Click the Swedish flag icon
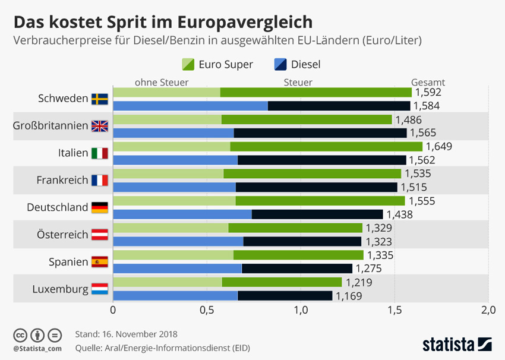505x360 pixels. (99, 99)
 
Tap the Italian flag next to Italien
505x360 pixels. (99, 153)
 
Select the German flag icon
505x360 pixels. (99, 207)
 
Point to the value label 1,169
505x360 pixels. (349, 296)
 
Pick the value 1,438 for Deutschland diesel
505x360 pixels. (399, 214)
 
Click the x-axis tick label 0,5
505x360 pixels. (207, 310)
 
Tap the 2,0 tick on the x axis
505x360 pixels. (488, 310)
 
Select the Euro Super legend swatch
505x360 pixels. (187, 64)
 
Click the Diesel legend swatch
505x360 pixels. (280, 64)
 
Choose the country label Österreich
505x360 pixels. (62, 235)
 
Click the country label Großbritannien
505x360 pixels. (50, 126)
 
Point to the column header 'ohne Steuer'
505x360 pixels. (162, 83)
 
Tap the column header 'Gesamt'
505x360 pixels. (428, 83)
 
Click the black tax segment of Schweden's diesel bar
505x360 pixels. (339, 106)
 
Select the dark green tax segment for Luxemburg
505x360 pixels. (282, 282)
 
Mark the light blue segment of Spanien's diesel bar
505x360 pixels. (177, 269)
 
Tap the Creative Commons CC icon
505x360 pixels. (20, 334)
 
